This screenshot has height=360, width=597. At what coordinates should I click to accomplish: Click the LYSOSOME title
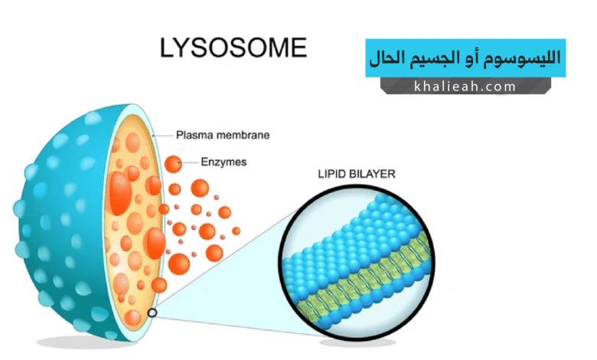coord(233,47)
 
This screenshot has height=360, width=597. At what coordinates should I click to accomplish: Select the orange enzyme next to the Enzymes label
coord(175,162)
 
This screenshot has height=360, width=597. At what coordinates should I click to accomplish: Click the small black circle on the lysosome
coord(153,313)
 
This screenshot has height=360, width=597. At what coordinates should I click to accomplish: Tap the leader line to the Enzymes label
coord(191,162)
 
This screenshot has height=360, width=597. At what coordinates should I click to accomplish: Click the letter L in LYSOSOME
coord(168,47)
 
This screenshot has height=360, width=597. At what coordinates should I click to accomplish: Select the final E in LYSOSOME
coord(297,47)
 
